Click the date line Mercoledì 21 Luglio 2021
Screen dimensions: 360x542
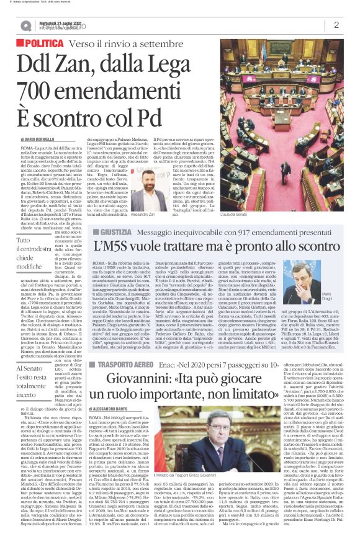[x=60, y=21]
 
